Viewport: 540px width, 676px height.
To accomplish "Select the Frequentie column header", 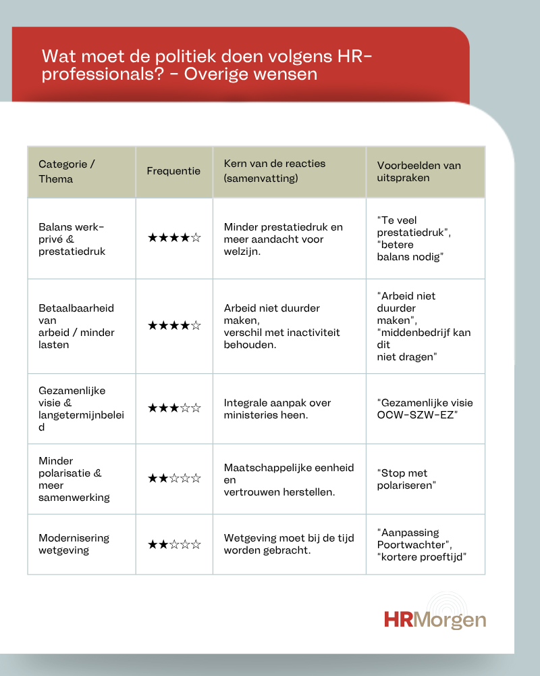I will click(x=173, y=171).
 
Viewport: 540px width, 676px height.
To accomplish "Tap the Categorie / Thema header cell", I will click(x=67, y=172).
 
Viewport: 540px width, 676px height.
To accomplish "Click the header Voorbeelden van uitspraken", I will click(x=418, y=172).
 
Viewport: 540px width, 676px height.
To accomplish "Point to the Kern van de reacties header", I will click(x=274, y=171).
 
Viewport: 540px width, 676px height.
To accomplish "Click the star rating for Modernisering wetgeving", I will click(x=174, y=544).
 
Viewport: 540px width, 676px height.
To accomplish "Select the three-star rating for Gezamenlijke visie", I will click(x=174, y=408).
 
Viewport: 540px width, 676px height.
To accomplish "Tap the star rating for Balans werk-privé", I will click(x=174, y=238).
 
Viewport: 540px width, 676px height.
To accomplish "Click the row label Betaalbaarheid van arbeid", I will click(x=76, y=326).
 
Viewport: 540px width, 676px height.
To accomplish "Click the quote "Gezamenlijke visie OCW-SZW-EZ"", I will click(x=425, y=408).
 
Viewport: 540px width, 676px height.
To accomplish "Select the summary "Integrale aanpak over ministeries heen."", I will click(x=277, y=408).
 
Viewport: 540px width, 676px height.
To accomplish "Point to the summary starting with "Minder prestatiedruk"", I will click(x=283, y=239).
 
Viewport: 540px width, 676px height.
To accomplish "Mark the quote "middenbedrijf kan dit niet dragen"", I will click(x=423, y=344).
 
